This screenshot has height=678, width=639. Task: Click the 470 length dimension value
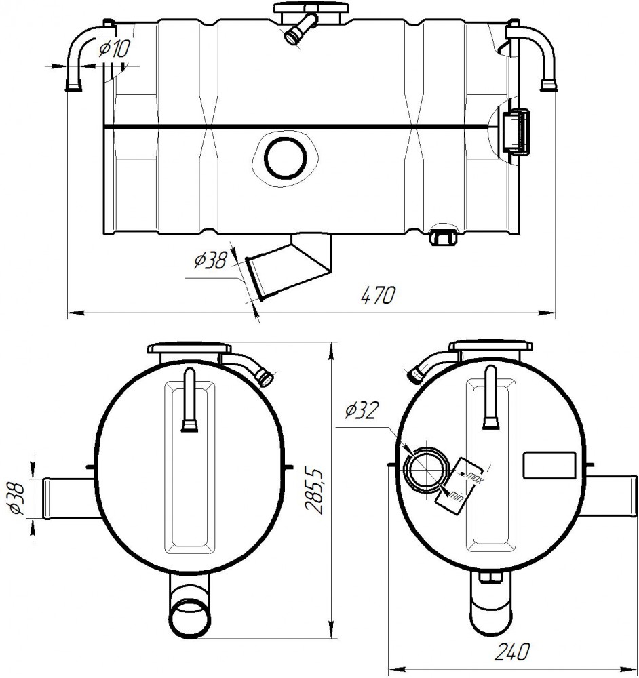click(x=378, y=296)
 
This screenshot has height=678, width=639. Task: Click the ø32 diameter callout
click(x=362, y=410)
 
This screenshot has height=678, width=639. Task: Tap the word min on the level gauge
click(x=457, y=495)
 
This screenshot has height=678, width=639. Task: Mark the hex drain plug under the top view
click(x=442, y=237)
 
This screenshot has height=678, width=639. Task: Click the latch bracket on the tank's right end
click(x=516, y=132)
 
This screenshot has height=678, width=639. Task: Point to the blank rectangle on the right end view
click(x=549, y=465)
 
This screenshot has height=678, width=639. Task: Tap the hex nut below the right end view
click(x=490, y=578)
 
